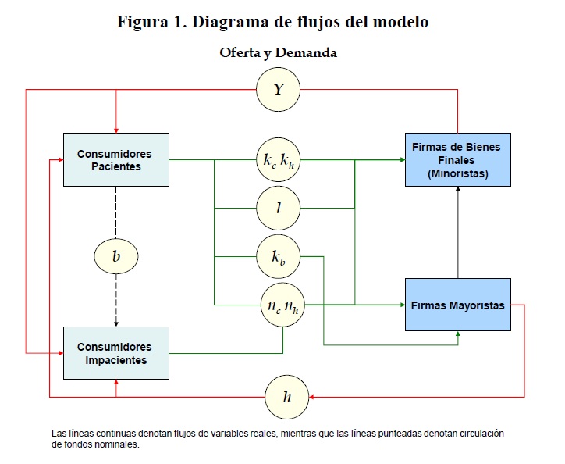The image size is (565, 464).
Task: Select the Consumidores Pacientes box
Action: [115, 159]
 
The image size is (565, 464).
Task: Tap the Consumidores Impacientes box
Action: [115, 353]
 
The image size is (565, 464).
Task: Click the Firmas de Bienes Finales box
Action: [458, 159]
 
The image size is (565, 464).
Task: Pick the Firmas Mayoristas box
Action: [458, 305]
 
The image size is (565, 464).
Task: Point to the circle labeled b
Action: [115, 255]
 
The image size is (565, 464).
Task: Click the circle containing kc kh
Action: [279, 162]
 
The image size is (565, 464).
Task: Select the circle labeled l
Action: [279, 209]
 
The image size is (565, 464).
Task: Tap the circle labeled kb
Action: [279, 255]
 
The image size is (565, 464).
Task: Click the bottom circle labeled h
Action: [288, 397]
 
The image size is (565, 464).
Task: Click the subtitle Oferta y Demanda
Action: [278, 53]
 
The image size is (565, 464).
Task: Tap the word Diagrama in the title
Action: [243, 22]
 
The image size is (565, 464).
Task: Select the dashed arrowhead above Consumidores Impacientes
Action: [115, 323]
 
